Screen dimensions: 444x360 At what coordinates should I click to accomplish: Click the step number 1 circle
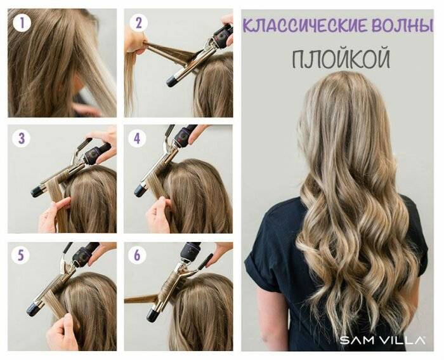[x=22, y=23]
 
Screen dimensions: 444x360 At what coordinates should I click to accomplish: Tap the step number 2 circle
[x=138, y=23]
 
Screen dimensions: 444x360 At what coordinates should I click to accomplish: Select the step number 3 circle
[x=22, y=138]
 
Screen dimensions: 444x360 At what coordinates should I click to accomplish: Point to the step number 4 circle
[x=138, y=138]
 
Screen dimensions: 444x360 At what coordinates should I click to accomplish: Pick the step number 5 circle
[x=21, y=255]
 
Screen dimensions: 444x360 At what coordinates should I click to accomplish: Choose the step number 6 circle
[x=137, y=255]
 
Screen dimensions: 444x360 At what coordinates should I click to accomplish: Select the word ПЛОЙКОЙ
[x=341, y=58]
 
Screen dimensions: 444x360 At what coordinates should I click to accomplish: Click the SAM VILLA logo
[x=382, y=340]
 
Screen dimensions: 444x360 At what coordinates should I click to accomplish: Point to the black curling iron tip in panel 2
[x=171, y=81]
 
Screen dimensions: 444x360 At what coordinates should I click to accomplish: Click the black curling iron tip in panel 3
[x=37, y=192]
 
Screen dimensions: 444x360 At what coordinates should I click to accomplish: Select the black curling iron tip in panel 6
[x=153, y=315]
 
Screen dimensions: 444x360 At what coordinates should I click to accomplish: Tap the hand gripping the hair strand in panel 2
[x=135, y=41]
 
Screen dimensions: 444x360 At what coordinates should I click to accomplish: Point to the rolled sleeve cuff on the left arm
[x=256, y=262]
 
